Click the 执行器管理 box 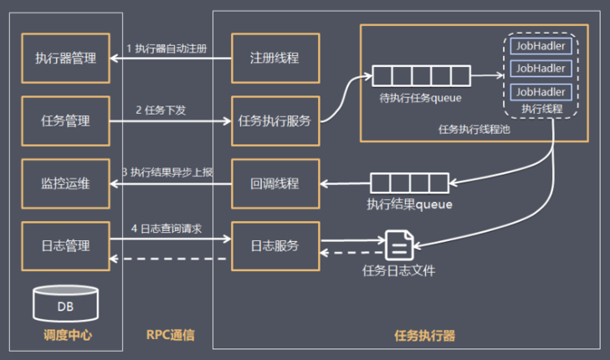click(x=64, y=59)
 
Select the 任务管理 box click(x=64, y=121)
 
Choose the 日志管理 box click(x=64, y=246)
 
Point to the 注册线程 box click(x=274, y=59)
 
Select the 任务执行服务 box click(x=274, y=121)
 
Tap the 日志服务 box click(x=274, y=246)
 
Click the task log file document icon click(x=398, y=245)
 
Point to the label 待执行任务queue click(x=416, y=99)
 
